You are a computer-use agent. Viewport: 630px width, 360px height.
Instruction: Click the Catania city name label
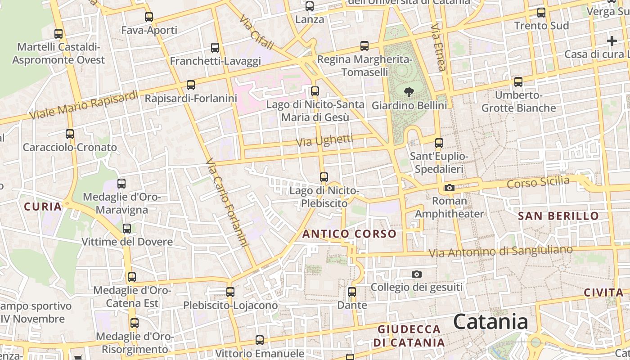pyautogui.click(x=490, y=322)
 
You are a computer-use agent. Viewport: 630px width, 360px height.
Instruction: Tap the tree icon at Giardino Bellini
pyautogui.click(x=409, y=93)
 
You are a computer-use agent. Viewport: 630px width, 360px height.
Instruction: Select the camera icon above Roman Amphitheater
pyautogui.click(x=449, y=188)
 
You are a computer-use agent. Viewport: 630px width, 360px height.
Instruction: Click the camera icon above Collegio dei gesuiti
pyautogui.click(x=417, y=274)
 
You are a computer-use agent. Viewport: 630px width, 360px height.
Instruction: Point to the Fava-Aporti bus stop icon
pyautogui.click(x=149, y=18)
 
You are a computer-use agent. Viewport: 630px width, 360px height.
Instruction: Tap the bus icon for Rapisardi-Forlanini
pyautogui.click(x=191, y=85)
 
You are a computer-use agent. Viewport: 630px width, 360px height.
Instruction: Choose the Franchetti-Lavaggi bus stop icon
pyautogui.click(x=215, y=48)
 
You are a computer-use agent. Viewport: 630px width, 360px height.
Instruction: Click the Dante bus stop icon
pyautogui.click(x=352, y=292)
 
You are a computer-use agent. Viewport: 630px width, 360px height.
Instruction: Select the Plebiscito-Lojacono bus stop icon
pyautogui.click(x=230, y=292)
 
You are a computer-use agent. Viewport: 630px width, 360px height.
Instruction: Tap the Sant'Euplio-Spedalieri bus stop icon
pyautogui.click(x=439, y=143)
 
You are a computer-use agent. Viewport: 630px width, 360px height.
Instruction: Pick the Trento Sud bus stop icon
pyautogui.click(x=541, y=13)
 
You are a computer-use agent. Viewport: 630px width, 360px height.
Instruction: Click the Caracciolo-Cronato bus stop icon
pyautogui.click(x=70, y=134)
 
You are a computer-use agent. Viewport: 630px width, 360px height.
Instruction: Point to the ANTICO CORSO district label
pyautogui.click(x=349, y=234)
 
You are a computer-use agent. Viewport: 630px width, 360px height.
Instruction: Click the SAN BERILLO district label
pyautogui.click(x=558, y=216)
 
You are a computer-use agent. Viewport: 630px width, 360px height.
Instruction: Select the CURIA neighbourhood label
pyautogui.click(x=42, y=207)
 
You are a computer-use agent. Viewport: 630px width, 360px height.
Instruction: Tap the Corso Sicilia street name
pyautogui.click(x=538, y=183)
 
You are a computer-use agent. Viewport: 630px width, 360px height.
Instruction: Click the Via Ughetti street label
pyautogui.click(x=324, y=141)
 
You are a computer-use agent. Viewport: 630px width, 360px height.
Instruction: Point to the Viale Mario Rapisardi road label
pyautogui.click(x=84, y=105)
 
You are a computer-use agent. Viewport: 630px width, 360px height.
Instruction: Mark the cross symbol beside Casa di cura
pyautogui.click(x=612, y=41)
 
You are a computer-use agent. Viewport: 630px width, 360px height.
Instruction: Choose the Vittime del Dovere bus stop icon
pyautogui.click(x=127, y=229)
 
